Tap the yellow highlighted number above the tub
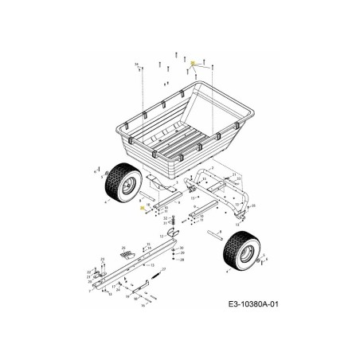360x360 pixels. [193, 61]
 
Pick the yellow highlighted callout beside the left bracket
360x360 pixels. [143, 206]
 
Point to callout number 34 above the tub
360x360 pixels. [136, 63]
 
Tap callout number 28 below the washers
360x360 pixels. [182, 260]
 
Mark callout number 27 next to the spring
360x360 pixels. [166, 271]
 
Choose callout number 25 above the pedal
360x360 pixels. [125, 248]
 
